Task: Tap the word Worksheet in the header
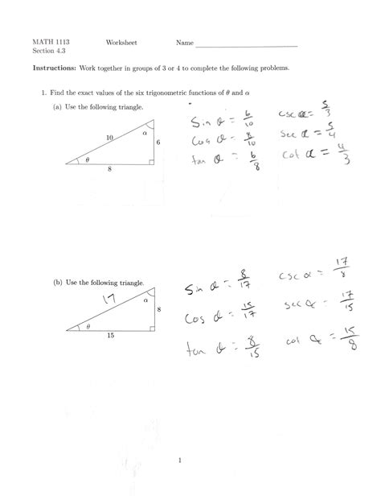(119, 40)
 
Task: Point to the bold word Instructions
(54, 69)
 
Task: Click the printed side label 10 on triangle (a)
(109, 138)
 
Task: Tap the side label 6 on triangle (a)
(158, 143)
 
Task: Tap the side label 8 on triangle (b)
(158, 308)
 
